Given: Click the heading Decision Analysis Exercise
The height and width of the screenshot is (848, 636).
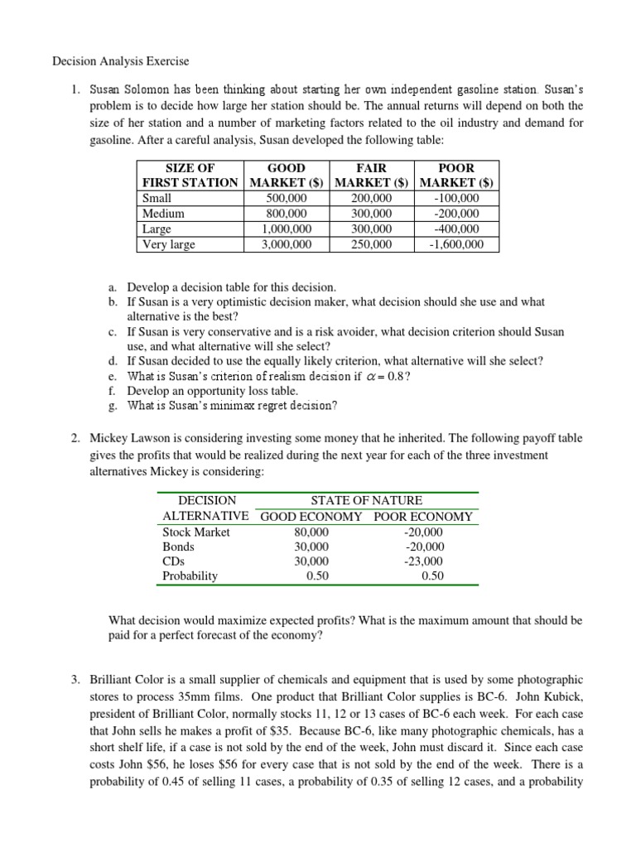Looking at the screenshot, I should pos(121,60).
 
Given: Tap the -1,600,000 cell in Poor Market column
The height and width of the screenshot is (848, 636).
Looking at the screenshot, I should pos(457,243).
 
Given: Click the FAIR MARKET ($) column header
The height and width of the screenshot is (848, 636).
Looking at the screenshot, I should pos(372,175).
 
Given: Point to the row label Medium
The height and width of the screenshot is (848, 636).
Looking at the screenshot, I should pos(163,214).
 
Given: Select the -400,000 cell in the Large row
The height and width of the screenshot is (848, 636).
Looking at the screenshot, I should pos(457,229).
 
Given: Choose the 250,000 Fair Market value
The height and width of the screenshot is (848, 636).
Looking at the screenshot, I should pos(372,243).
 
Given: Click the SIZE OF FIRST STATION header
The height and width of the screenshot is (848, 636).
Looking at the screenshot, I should pos(190,175).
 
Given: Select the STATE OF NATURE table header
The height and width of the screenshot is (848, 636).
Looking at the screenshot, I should pos(366,500).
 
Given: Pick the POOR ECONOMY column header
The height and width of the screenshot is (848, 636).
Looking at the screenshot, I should pos(423,516).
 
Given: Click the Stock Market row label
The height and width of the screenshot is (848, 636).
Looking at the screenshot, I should pos(196,532).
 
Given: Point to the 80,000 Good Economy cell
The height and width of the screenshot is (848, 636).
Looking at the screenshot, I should pos(311,532).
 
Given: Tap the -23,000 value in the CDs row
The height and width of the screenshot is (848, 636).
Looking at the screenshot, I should pos(424,561).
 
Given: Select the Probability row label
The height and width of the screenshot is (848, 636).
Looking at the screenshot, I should pos(190,576).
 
